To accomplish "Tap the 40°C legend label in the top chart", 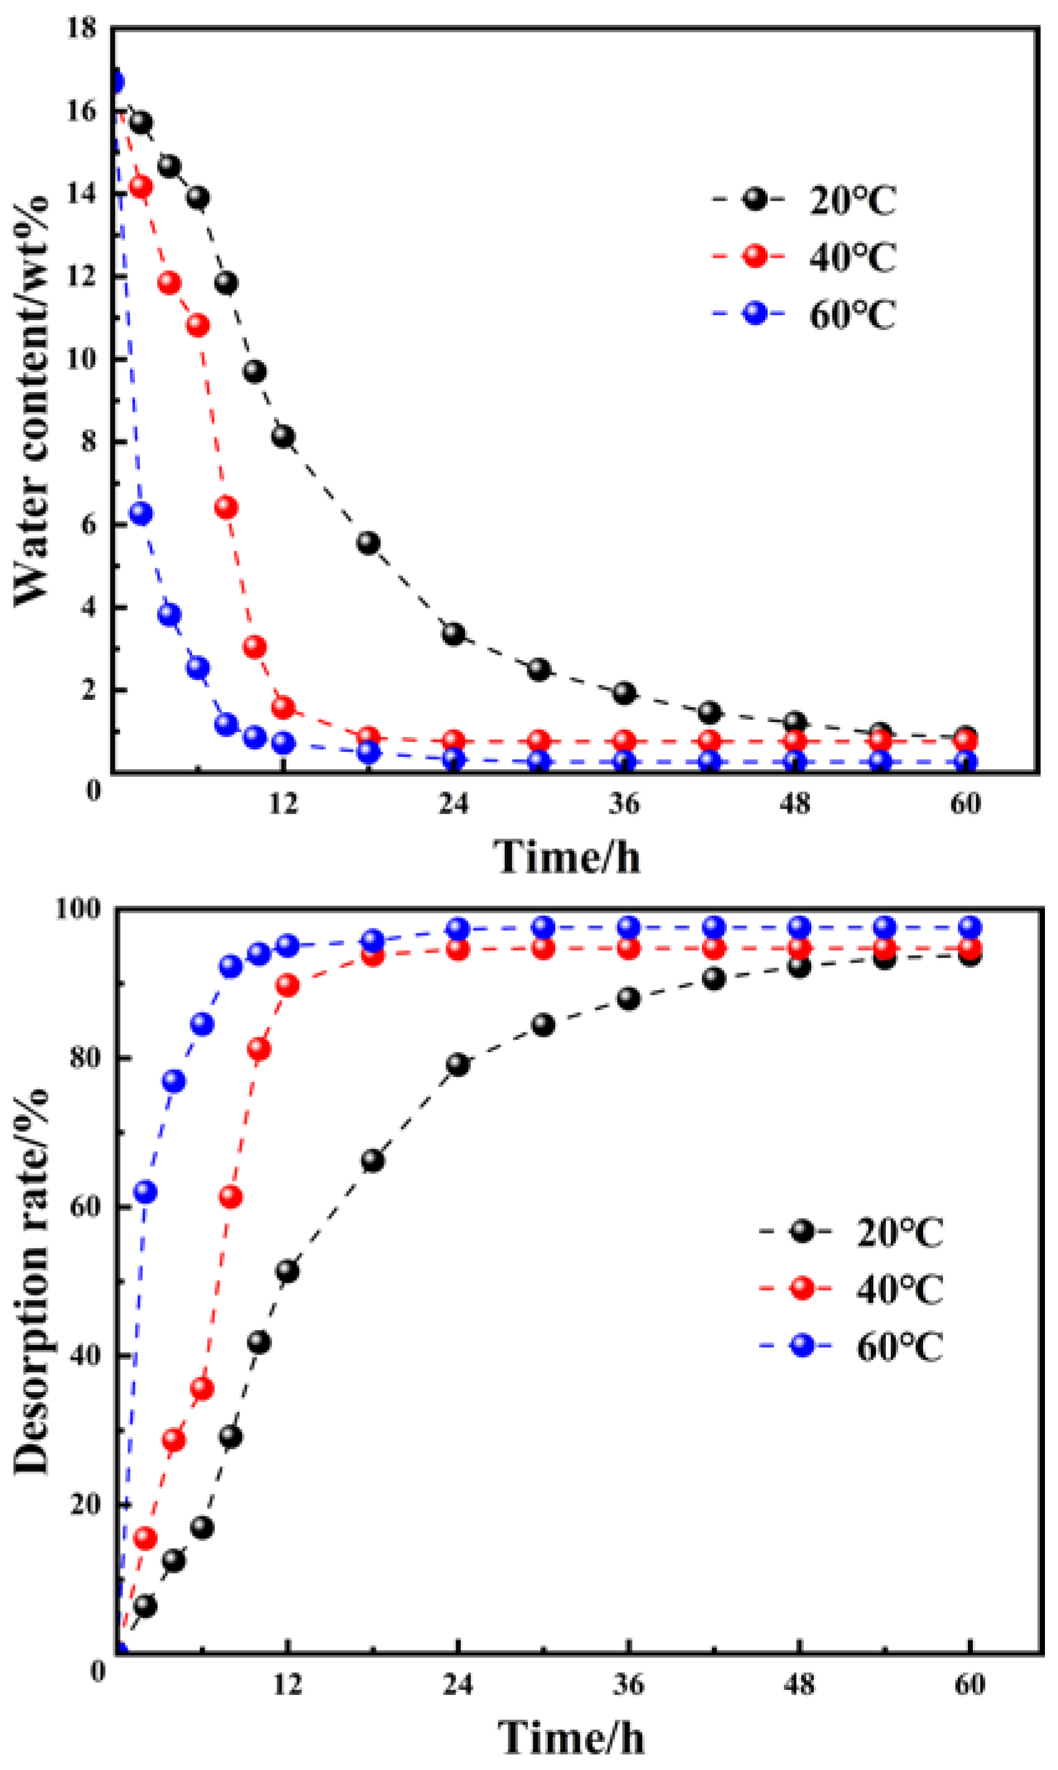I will click(853, 257).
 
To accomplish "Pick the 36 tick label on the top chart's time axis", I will click(624, 803).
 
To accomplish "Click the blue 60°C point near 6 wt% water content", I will click(141, 513).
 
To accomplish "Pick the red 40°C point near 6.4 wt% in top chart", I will click(226, 507).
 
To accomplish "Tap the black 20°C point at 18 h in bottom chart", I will click(372, 1160).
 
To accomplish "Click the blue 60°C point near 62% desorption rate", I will click(145, 1191).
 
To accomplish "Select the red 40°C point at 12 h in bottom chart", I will click(287, 985).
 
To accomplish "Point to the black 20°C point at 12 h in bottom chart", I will click(287, 1270).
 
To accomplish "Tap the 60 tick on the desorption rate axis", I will click(83, 1207).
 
